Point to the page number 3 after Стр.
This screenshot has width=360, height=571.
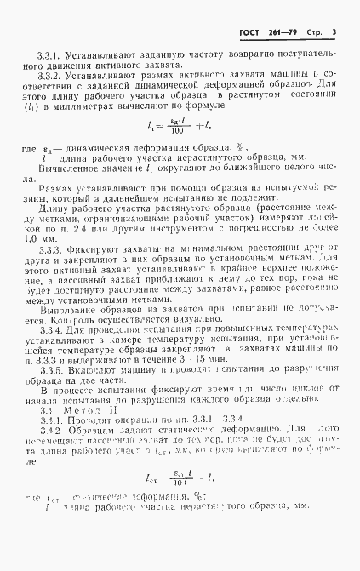334,33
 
